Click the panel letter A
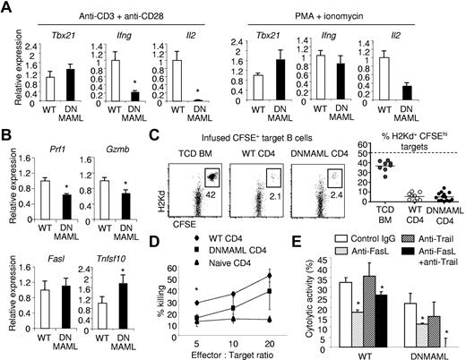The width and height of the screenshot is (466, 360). tap(7, 7)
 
